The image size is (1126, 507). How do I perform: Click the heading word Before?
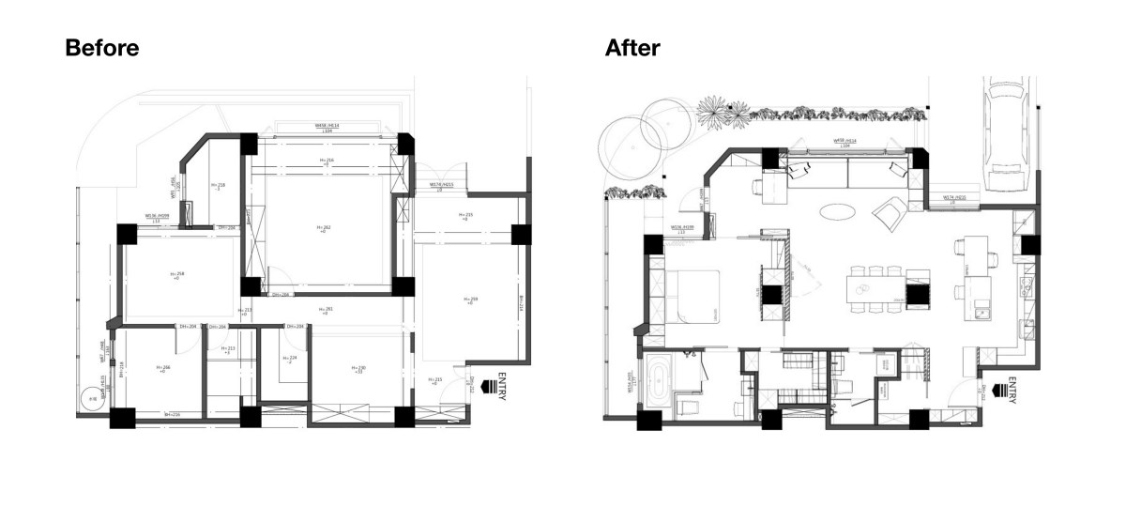coord(102,49)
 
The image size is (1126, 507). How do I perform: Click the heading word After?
coord(632,49)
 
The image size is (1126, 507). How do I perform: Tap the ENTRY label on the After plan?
coord(1012,391)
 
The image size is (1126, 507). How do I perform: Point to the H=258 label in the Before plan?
coord(176,275)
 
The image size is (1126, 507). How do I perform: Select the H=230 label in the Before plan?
coord(358,369)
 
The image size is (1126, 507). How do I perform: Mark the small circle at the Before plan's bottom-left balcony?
coord(91,399)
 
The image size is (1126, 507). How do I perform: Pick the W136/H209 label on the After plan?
coord(682,228)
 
